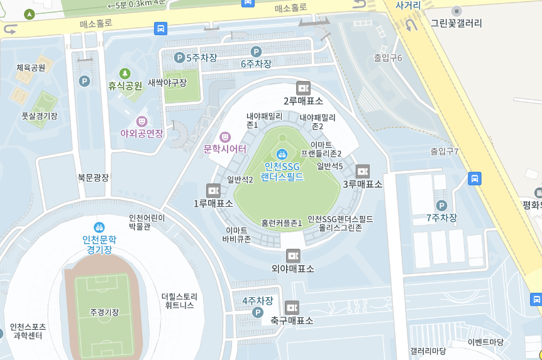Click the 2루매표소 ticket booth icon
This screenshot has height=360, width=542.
point(303,88)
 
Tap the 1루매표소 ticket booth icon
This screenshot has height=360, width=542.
point(213,190)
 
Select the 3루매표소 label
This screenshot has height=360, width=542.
point(362,184)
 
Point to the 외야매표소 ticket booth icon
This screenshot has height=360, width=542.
point(292,256)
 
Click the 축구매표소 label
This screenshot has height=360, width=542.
point(292,320)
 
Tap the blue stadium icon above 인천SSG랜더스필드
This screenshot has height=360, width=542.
point(282,153)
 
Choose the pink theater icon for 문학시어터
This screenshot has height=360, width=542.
point(225,136)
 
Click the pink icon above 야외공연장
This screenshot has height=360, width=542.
point(142,121)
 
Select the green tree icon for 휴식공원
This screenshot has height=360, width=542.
point(124,74)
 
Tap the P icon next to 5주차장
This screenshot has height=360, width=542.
point(179,58)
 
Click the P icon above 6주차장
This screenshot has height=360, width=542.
point(256,52)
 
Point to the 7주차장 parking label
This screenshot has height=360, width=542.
point(441,218)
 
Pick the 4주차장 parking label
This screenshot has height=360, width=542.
point(258,301)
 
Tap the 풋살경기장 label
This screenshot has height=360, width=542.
point(39,116)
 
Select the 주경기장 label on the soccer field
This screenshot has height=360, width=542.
point(104,312)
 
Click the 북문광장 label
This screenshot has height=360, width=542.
point(93,178)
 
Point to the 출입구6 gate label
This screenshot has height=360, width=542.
point(387,58)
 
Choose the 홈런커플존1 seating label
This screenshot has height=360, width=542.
point(282,223)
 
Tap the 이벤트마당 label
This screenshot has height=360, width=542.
point(485,342)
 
